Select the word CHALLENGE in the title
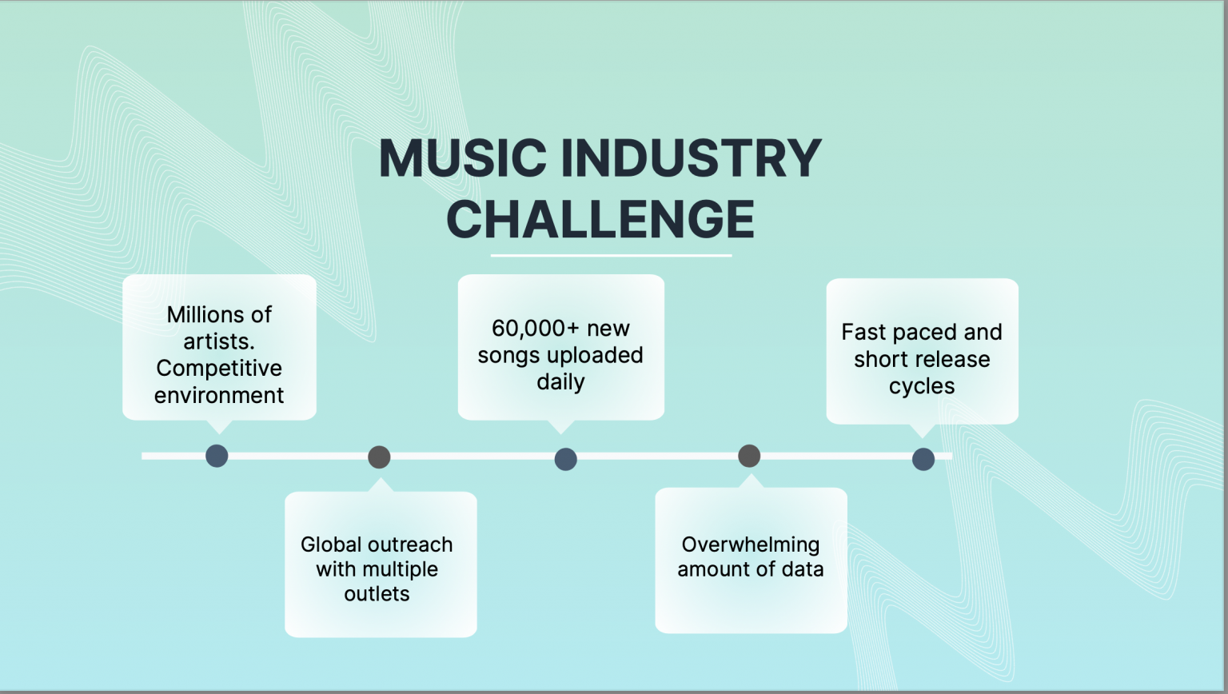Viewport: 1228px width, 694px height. click(600, 219)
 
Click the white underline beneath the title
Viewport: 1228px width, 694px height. click(611, 256)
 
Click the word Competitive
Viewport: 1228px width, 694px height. click(219, 369)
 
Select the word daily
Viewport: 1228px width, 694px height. click(560, 382)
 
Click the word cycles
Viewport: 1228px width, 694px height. click(922, 386)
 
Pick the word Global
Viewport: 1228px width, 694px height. click(330, 544)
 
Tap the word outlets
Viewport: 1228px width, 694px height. click(377, 594)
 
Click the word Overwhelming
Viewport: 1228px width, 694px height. click(751, 544)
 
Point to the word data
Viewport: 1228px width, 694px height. click(803, 569)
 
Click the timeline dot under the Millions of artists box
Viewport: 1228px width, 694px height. click(217, 456)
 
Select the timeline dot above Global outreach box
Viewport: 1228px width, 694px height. click(379, 457)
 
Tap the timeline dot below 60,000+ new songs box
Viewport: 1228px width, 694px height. click(565, 459)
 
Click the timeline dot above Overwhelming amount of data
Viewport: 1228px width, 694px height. click(749, 456)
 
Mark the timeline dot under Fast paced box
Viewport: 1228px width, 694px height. click(923, 459)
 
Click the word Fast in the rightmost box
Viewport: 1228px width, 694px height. click(863, 333)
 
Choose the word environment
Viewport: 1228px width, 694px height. click(219, 396)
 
